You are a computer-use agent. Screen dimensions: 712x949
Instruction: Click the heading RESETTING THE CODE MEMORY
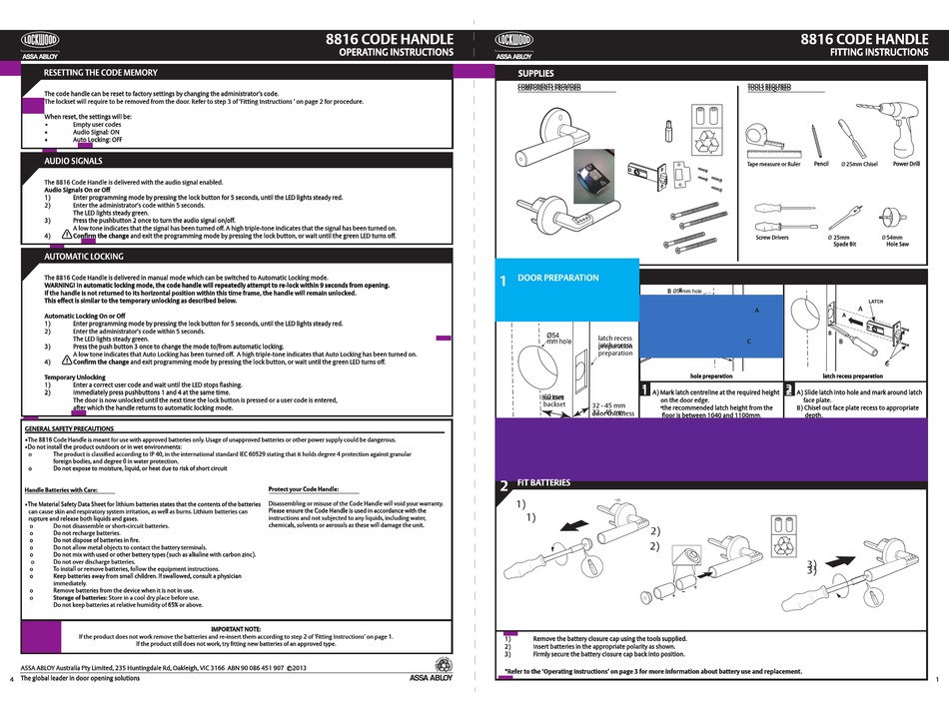[x=100, y=74]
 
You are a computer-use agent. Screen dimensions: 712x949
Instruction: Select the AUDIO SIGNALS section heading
[x=73, y=160]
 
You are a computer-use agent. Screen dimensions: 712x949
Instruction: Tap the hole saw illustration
[x=892, y=217]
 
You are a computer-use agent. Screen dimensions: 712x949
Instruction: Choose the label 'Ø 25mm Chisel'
[x=859, y=164]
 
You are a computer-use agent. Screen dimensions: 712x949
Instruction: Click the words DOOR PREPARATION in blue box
[x=558, y=278]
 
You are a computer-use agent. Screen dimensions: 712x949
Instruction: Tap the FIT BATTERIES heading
[x=543, y=483]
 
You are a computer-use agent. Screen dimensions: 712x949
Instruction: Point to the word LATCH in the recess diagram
[x=877, y=300]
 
